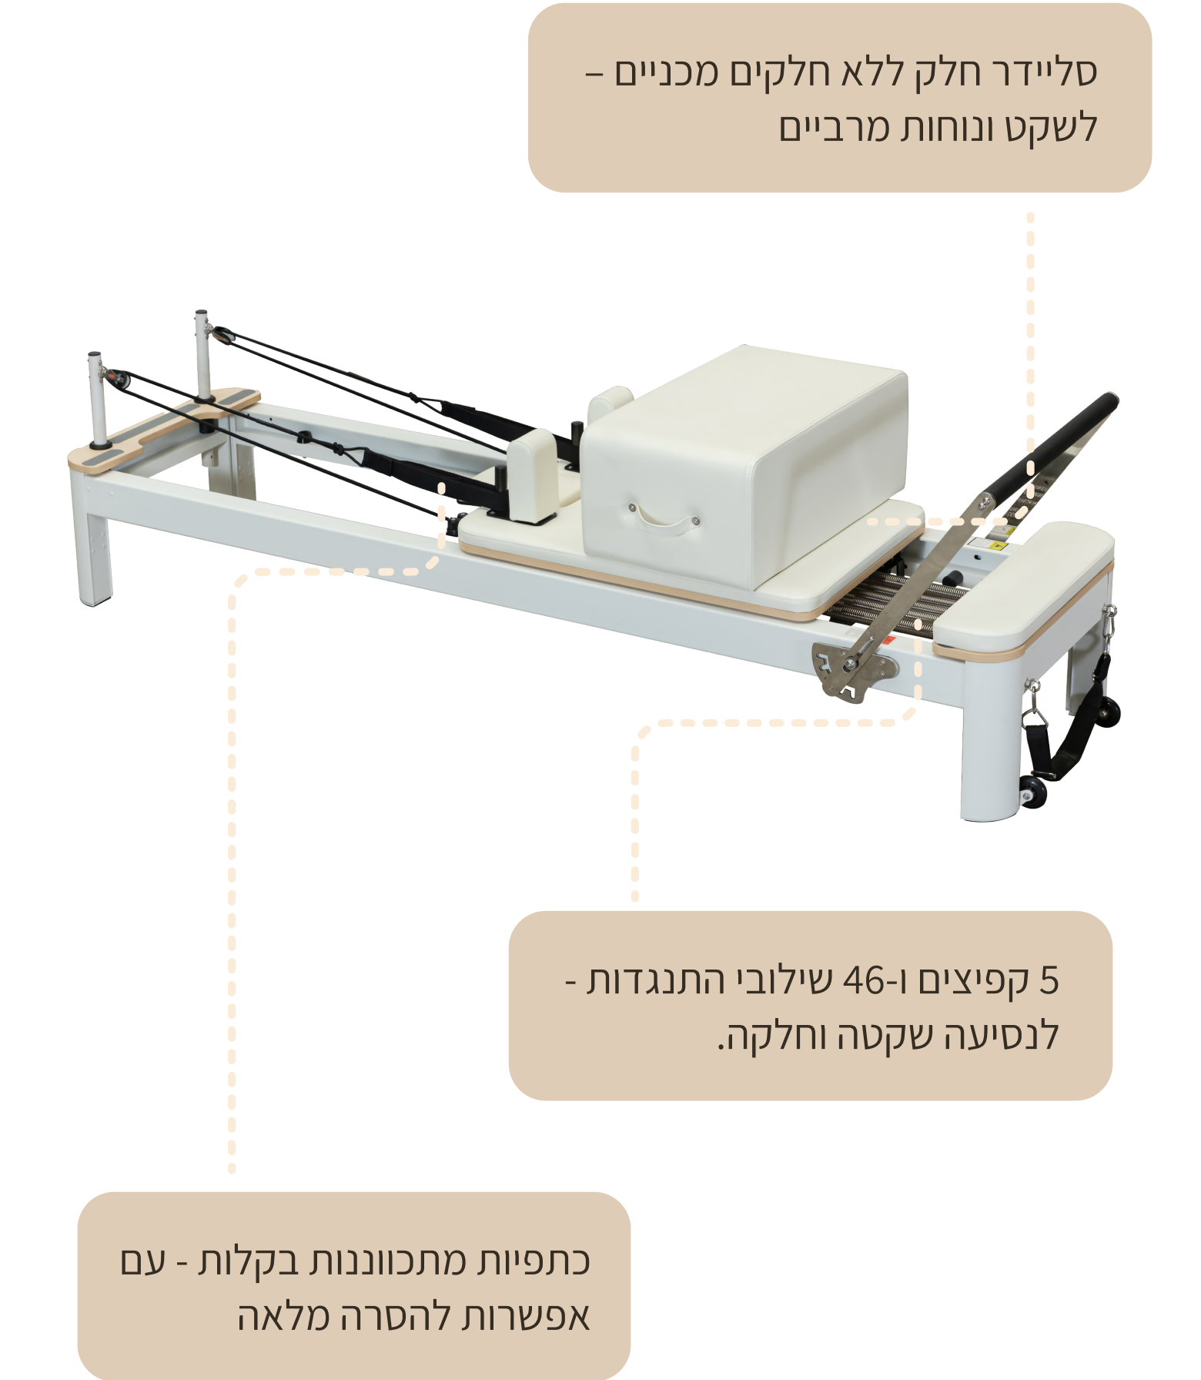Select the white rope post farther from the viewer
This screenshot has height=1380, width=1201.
[203, 354]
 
